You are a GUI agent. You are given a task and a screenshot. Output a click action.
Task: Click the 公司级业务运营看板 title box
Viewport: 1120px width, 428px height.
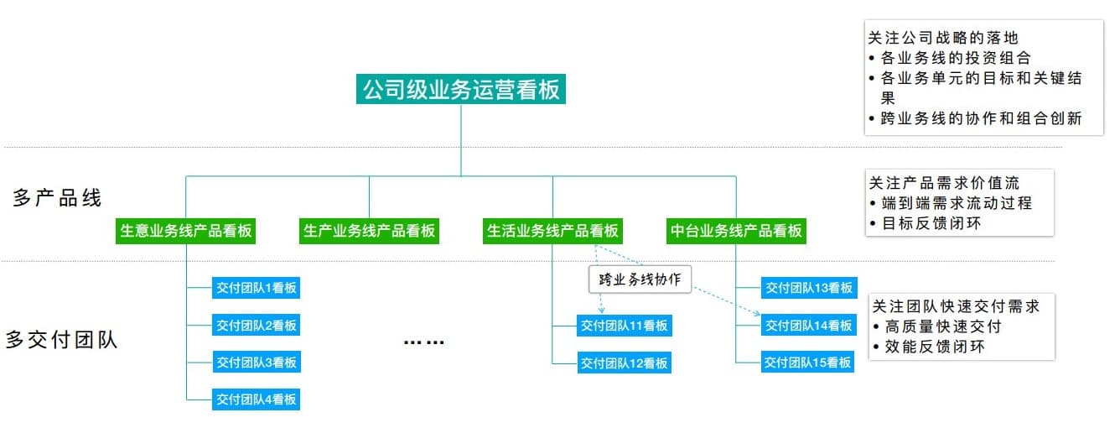click(x=460, y=89)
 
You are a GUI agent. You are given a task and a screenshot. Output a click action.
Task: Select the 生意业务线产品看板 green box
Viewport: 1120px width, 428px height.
click(x=186, y=231)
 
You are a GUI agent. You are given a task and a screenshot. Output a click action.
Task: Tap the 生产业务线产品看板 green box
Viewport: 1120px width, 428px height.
click(x=369, y=231)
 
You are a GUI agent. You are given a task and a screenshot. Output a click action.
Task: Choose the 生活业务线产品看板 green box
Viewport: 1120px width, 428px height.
click(x=552, y=231)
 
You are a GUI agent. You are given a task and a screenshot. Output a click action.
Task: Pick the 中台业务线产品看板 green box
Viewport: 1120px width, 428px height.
click(x=736, y=231)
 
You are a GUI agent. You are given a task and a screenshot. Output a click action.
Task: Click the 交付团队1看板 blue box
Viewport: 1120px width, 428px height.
click(x=256, y=288)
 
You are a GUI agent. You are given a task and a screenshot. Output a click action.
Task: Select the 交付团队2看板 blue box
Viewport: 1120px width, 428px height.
click(x=256, y=326)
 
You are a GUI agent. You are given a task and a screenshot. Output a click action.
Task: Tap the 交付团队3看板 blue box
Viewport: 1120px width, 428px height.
click(x=256, y=363)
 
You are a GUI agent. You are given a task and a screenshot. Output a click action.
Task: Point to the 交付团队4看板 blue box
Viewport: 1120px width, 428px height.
click(x=256, y=399)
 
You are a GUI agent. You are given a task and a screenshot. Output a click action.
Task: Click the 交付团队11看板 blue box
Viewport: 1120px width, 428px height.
click(x=624, y=326)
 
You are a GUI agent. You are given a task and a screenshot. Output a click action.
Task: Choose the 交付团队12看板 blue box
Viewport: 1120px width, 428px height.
click(x=624, y=363)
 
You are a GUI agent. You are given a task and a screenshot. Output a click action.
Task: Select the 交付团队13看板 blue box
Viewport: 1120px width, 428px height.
click(x=808, y=288)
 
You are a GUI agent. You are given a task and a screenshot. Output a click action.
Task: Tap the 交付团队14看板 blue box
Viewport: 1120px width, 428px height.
click(x=808, y=326)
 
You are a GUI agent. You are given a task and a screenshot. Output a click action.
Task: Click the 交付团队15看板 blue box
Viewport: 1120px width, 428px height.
click(x=808, y=363)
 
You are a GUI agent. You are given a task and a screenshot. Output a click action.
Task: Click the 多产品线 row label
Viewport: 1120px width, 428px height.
click(x=57, y=199)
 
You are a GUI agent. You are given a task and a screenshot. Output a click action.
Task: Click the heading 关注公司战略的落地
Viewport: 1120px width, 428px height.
click(x=943, y=38)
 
